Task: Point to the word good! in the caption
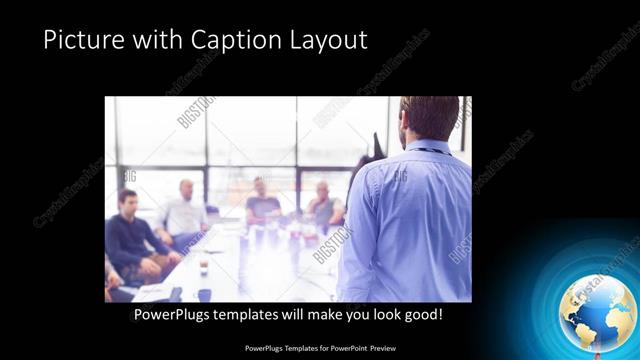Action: (421, 315)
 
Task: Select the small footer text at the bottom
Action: (320, 349)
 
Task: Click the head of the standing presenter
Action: (429, 118)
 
